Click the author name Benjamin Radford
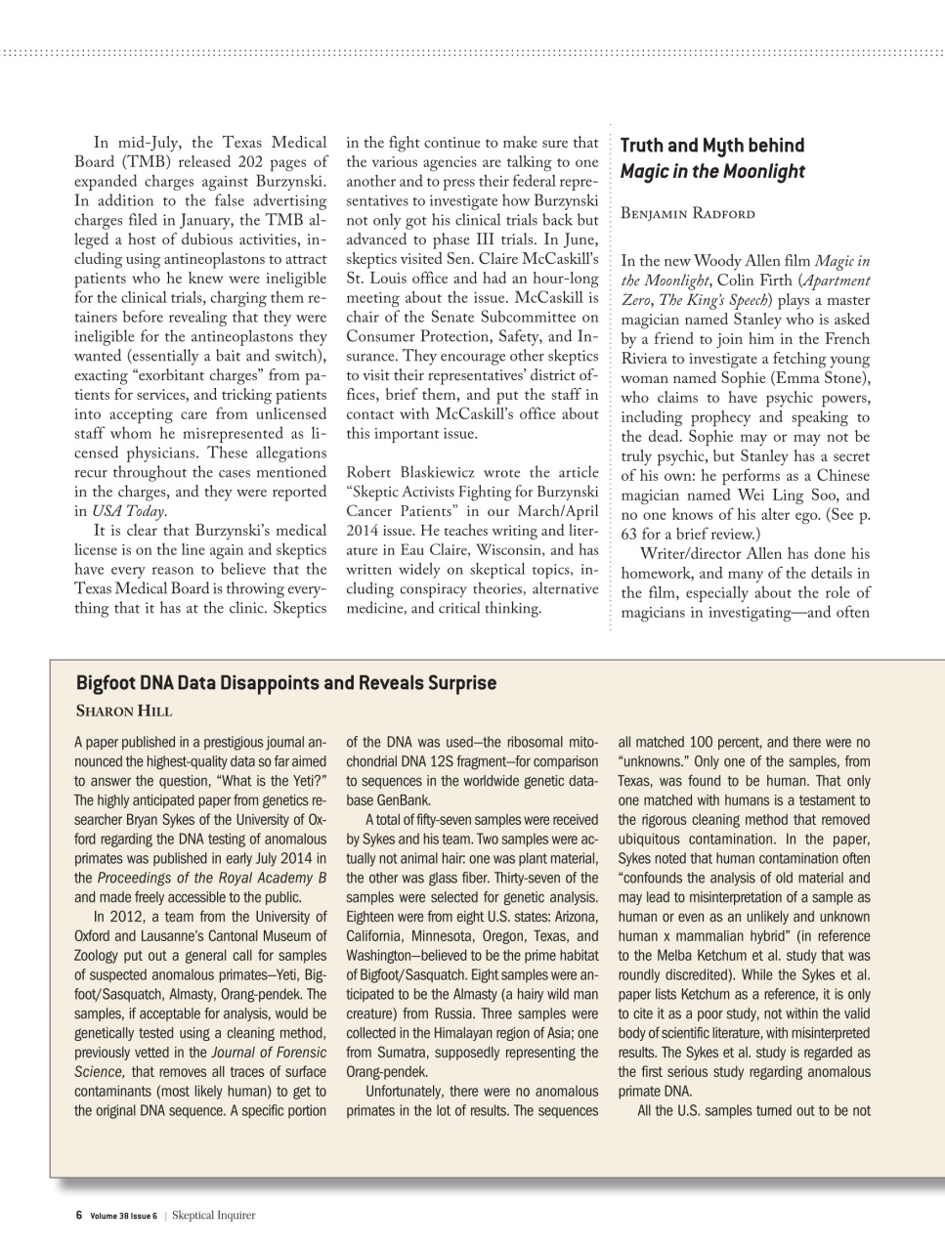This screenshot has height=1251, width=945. point(687,214)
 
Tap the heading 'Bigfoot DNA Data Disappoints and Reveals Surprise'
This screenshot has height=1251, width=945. point(285,683)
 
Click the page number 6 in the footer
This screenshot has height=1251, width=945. point(79,1216)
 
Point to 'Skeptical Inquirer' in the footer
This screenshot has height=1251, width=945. point(213,1216)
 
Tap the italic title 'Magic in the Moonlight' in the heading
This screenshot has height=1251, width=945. point(712,172)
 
